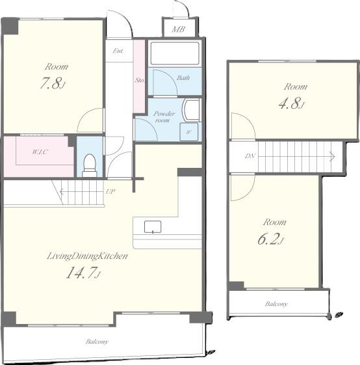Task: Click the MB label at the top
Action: [178, 29]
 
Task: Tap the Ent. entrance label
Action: [118, 51]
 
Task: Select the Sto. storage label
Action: [140, 80]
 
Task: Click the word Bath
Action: [183, 77]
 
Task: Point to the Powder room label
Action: [164, 117]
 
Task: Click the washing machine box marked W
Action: [189, 132]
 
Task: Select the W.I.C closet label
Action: [40, 152]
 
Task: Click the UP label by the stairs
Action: [110, 191]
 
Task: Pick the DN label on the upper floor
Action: [250, 155]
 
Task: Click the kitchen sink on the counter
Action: [153, 226]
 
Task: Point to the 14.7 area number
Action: [83, 273]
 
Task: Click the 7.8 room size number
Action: [52, 83]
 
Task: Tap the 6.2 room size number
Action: [270, 239]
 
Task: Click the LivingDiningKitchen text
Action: [88, 256]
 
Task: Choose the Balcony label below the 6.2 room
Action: [276, 304]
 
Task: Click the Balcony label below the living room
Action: [97, 342]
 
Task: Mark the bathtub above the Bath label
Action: [175, 53]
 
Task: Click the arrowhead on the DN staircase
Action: [333, 156]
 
